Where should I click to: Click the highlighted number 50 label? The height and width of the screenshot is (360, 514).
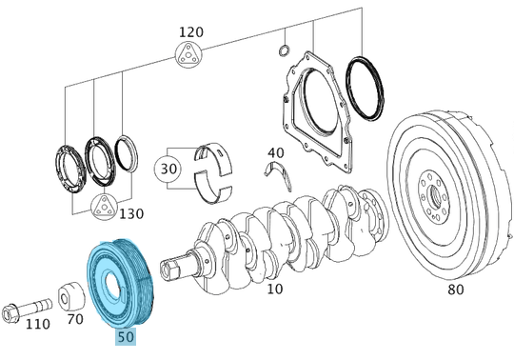point(124,337)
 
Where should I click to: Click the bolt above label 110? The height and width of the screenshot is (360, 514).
point(28,307)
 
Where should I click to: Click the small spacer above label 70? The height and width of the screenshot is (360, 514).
point(69,297)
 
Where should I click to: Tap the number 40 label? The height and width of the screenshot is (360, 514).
point(275,152)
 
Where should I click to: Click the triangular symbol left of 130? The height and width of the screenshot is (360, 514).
point(103,205)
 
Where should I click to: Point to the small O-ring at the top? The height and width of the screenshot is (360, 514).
point(283,50)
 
